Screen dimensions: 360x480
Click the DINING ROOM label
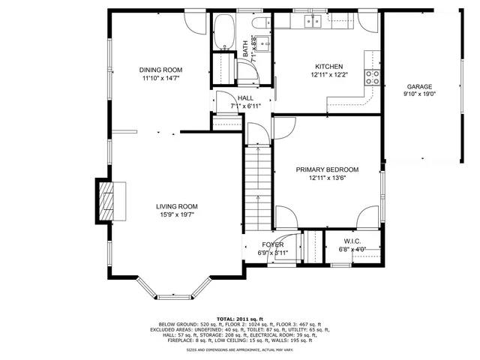coord(160,70)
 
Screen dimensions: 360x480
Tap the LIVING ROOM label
coord(176,206)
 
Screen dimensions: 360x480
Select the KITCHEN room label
coord(328,66)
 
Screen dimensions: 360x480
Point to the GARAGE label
coord(419,86)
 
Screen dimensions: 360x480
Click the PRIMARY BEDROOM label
coord(327,169)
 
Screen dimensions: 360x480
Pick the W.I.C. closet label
coord(352,241)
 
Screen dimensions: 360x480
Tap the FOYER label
coord(272,244)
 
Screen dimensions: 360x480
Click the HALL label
coord(245,98)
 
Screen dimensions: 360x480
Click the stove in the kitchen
coord(370,74)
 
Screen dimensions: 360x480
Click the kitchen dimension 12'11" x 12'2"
coord(328,74)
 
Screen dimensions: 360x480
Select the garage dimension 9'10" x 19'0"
coord(419,94)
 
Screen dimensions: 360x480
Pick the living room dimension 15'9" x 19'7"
coord(176,215)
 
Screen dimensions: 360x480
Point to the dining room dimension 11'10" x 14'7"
coord(160,78)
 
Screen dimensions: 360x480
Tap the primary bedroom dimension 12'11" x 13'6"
coord(327,178)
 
